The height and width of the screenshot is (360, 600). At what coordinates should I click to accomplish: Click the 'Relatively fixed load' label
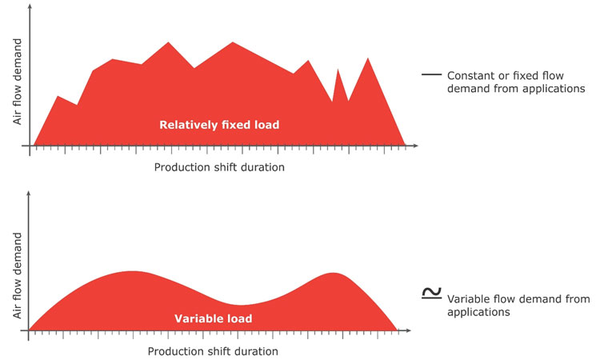pos(219,125)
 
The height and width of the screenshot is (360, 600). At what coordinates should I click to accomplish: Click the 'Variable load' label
pos(213,318)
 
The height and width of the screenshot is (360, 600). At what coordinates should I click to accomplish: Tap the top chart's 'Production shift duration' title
pos(218,168)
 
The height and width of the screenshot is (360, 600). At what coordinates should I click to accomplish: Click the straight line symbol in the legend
pos(430,74)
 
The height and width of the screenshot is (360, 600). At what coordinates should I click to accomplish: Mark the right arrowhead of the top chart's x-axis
pos(416,146)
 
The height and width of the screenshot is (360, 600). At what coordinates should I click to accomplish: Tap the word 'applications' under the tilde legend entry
pos(478,313)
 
